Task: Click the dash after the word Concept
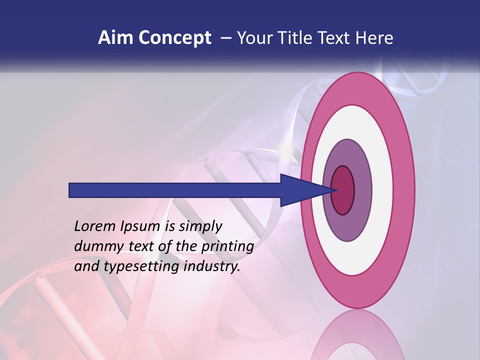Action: click(225, 38)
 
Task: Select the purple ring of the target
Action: click(362, 190)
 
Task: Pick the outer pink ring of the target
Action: click(404, 190)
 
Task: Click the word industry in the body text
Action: click(212, 267)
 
